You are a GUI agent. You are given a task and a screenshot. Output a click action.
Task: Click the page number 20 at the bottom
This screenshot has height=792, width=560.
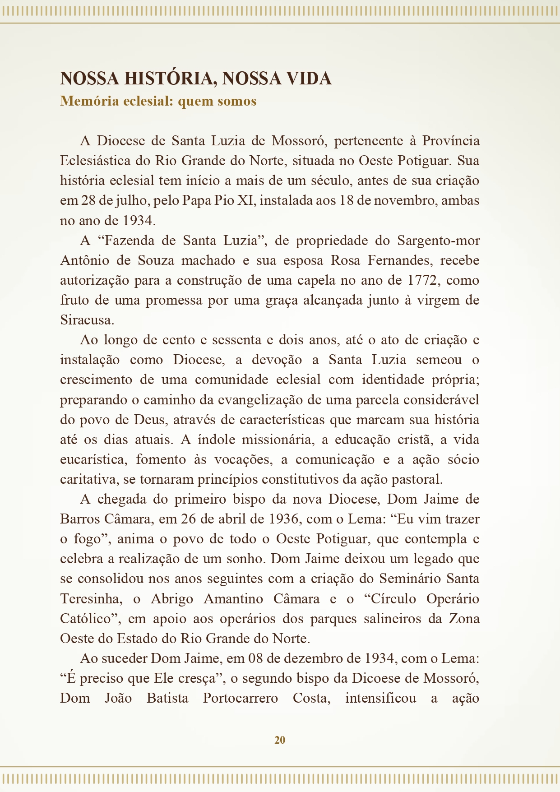click(x=280, y=740)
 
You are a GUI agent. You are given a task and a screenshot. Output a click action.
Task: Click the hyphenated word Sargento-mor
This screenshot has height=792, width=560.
click(x=438, y=241)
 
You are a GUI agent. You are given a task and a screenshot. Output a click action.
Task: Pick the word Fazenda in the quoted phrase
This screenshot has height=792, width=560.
click(x=130, y=241)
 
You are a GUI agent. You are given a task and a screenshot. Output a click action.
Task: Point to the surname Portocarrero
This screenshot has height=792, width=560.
click(x=240, y=698)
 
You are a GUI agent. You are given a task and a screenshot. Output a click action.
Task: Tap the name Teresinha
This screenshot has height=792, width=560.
click(x=91, y=599)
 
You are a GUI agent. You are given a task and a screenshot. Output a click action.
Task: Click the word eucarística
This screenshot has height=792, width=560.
click(x=92, y=459)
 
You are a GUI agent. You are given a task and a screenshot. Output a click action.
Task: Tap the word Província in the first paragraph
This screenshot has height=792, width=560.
click(x=451, y=141)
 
